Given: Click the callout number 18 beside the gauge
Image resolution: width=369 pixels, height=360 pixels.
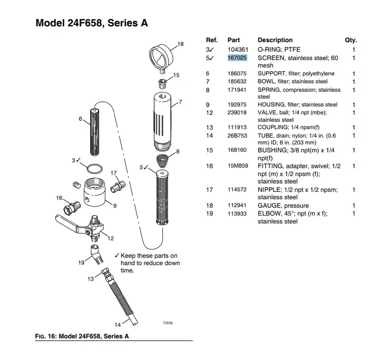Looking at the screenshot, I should tap(181, 44).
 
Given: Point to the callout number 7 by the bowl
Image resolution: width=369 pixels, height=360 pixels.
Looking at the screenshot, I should tap(180, 101).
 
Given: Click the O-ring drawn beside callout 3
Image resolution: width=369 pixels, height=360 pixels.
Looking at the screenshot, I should tap(93, 169).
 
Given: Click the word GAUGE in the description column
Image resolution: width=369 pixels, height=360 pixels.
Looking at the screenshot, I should tap(269, 206).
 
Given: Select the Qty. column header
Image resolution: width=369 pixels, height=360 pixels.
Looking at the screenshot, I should tap(351, 40).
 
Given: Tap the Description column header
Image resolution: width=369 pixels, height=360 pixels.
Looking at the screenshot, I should tap(275, 40).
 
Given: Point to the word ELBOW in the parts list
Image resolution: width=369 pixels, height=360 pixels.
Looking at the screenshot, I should tap(269, 213).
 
